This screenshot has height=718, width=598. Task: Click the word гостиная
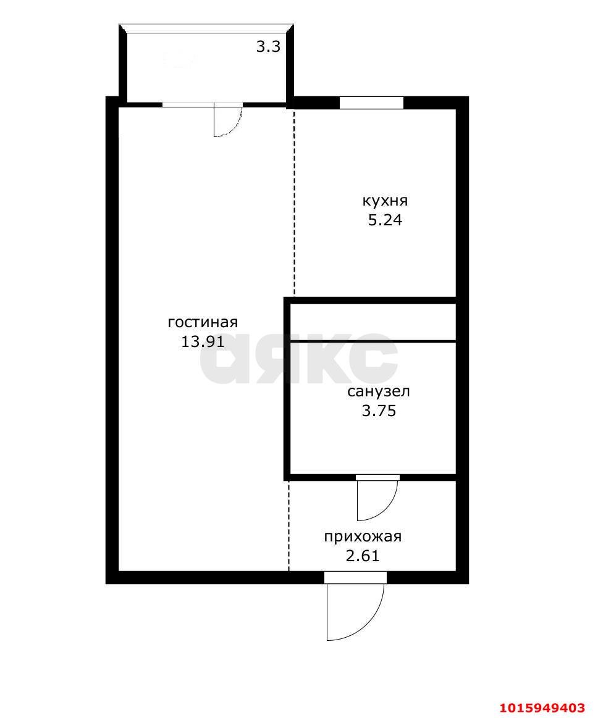click(203, 322)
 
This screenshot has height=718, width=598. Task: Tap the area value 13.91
click(203, 341)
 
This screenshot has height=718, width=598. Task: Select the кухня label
click(385, 201)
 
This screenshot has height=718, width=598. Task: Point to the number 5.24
click(385, 220)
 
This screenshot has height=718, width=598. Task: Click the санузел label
click(379, 391)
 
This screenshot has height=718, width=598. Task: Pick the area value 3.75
click(379, 411)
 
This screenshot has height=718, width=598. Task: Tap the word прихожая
click(363, 536)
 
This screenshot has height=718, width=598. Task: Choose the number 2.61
click(363, 556)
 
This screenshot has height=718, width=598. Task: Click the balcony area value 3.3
click(268, 47)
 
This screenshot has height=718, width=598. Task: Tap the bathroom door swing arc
click(388, 508)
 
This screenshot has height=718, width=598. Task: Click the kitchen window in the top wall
click(371, 102)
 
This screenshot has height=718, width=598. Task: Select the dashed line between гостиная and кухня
click(294, 201)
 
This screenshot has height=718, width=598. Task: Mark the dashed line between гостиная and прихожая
click(288, 525)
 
